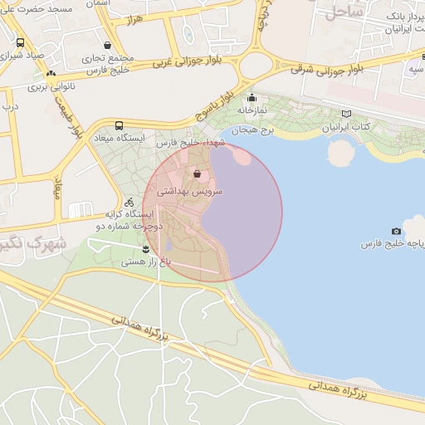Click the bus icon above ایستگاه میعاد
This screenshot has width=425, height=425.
tap(120, 125)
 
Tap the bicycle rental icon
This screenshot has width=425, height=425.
tap(129, 202)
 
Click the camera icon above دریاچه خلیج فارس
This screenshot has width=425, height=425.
tap(396, 231)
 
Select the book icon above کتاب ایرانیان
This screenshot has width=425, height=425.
tap(346, 114)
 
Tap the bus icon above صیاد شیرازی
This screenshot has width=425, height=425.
tap(21, 42)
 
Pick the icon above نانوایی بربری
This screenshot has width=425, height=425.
tap(51, 74)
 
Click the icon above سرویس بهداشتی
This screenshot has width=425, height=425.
tap(198, 174)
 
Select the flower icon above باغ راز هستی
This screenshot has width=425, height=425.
tap(146, 248)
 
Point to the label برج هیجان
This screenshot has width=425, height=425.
tap(252, 130)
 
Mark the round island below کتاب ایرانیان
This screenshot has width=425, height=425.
tap(340, 153)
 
